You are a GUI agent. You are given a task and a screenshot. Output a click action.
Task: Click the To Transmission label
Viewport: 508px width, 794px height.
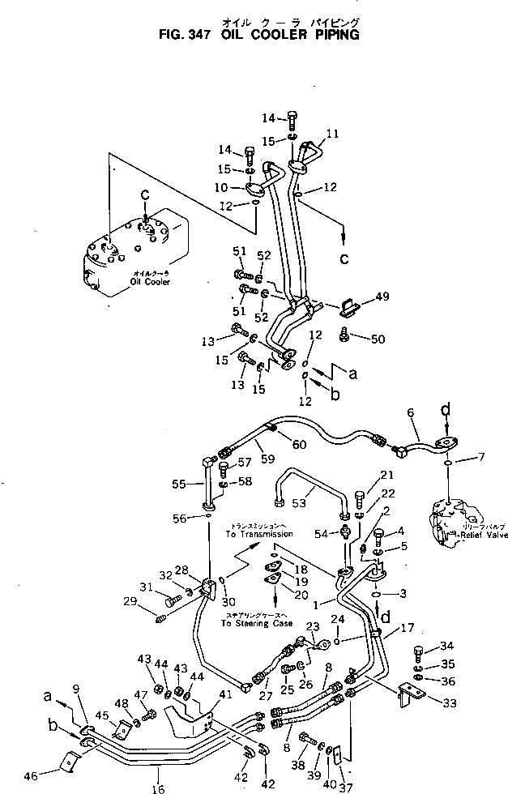pos(258,535)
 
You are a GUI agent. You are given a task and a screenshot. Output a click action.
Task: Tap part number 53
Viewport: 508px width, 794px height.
pos(299,502)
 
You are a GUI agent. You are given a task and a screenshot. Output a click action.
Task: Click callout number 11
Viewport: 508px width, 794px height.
pos(332,133)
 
